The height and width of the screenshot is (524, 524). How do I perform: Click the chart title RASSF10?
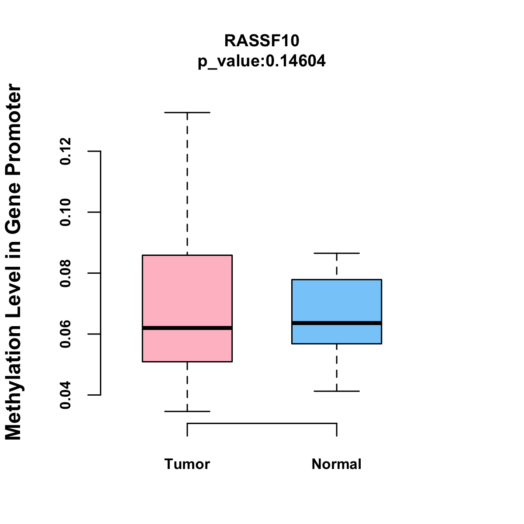(262, 41)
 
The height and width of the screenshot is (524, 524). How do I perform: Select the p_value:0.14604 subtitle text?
(262, 61)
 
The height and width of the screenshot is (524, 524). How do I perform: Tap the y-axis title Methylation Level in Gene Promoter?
(13, 262)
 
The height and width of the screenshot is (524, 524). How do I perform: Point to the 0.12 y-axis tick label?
(65, 151)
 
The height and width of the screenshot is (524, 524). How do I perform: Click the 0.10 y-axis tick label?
(65, 212)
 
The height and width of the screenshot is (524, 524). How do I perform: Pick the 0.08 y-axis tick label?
(65, 273)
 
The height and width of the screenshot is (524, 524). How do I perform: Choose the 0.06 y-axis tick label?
(65, 334)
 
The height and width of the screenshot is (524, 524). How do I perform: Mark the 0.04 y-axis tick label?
(65, 395)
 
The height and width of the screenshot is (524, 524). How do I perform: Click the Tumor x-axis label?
(187, 464)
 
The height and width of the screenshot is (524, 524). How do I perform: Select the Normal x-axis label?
(337, 464)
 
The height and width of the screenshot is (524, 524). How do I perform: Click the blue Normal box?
(337, 301)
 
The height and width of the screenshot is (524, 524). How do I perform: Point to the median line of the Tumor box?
(187, 328)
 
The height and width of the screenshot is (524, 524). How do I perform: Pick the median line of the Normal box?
(337, 323)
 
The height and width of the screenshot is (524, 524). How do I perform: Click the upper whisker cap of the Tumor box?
(187, 113)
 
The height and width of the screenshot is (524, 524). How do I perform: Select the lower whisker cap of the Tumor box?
(187, 411)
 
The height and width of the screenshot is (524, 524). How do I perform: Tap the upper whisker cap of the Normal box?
(337, 253)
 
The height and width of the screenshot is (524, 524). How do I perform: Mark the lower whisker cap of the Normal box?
(337, 391)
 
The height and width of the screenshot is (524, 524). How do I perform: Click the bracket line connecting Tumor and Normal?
(262, 423)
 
